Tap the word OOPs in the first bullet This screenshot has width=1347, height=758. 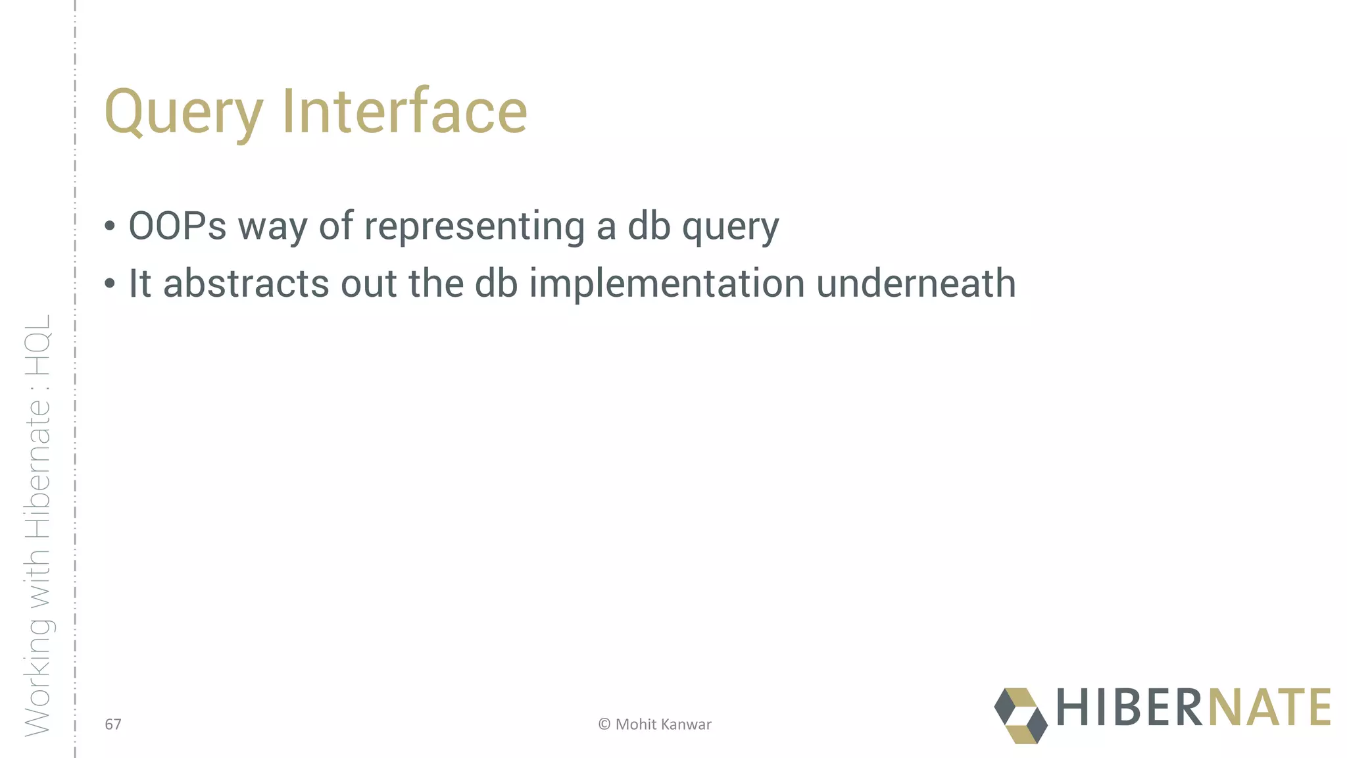click(x=178, y=226)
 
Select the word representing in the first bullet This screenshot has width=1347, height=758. click(x=474, y=227)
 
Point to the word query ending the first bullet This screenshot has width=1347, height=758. click(x=730, y=227)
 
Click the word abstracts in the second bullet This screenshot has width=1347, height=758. click(x=246, y=284)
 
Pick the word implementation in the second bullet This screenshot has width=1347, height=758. click(x=667, y=284)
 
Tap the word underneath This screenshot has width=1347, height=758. click(x=916, y=284)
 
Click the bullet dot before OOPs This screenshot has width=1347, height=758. click(x=110, y=227)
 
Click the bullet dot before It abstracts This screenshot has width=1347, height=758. click(x=110, y=284)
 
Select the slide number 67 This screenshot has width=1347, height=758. click(x=113, y=724)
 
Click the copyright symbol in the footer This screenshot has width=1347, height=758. click(x=604, y=724)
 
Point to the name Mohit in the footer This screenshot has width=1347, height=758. click(x=636, y=724)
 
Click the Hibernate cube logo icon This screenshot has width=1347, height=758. click(x=1020, y=716)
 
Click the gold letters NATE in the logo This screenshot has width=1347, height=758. click(x=1269, y=707)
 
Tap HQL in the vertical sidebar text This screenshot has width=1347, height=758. click(x=38, y=345)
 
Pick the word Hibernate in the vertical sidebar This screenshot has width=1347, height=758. click(x=38, y=477)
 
